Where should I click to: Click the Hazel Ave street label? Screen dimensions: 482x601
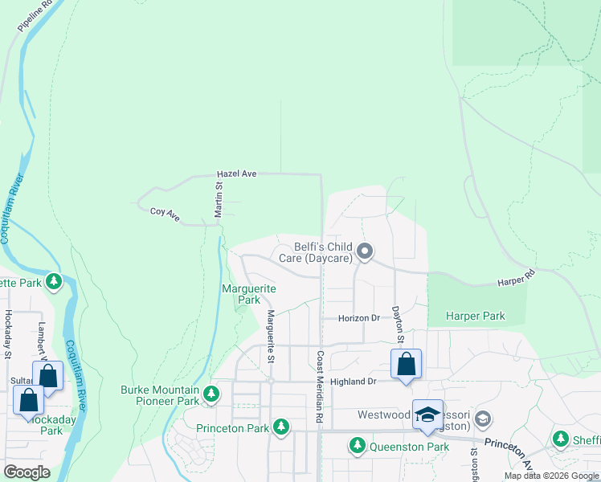tap(236, 174)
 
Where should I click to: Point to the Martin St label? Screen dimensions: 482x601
tap(218, 198)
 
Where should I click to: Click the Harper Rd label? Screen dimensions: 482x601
tap(516, 278)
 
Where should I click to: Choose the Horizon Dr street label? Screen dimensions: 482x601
tap(358, 318)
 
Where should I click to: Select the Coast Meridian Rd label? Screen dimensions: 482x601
tap(320, 388)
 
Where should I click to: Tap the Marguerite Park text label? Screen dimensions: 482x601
tap(249, 294)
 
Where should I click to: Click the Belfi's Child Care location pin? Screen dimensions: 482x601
tap(364, 251)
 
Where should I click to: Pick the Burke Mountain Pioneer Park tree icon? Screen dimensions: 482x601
tap(211, 394)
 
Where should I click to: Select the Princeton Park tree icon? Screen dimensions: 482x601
tap(280, 426)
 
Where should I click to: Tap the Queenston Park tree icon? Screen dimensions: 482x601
tap(357, 444)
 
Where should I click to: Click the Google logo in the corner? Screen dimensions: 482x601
tap(27, 472)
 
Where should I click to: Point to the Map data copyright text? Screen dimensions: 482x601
tap(551, 476)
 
